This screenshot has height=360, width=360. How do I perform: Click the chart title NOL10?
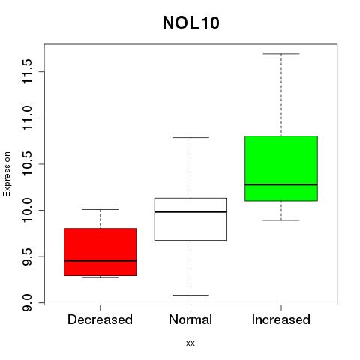pyautogui.click(x=191, y=23)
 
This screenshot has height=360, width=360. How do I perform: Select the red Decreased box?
pyautogui.click(x=100, y=252)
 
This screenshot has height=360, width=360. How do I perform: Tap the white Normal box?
pyautogui.click(x=190, y=219)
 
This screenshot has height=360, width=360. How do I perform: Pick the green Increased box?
pyautogui.click(x=281, y=169)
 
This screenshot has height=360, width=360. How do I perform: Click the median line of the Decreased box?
pyautogui.click(x=100, y=260)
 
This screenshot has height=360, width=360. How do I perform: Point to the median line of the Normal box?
pyautogui.click(x=190, y=212)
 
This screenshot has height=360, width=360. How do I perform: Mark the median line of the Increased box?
pyautogui.click(x=281, y=184)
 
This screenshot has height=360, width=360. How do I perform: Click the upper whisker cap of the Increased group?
pyautogui.click(x=281, y=54)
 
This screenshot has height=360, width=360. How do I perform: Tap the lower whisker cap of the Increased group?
pyautogui.click(x=281, y=220)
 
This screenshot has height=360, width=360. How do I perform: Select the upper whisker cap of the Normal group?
pyautogui.click(x=190, y=137)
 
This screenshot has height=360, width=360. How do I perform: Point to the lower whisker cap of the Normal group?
pyautogui.click(x=190, y=295)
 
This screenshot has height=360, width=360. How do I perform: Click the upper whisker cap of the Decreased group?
pyautogui.click(x=100, y=209)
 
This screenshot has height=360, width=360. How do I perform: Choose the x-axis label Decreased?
pyautogui.click(x=100, y=319)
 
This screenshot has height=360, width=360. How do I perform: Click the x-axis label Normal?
pyautogui.click(x=190, y=319)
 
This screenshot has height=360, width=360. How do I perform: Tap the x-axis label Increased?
pyautogui.click(x=281, y=319)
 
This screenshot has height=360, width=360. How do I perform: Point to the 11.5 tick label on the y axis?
pyautogui.click(x=27, y=71)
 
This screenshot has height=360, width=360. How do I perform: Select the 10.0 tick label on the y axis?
pyautogui.click(x=27, y=210)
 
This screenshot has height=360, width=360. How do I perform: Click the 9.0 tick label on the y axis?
pyautogui.click(x=27, y=303)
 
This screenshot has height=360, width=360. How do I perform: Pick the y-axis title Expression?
pyautogui.click(x=7, y=175)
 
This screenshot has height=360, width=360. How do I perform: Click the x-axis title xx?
pyautogui.click(x=190, y=343)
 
